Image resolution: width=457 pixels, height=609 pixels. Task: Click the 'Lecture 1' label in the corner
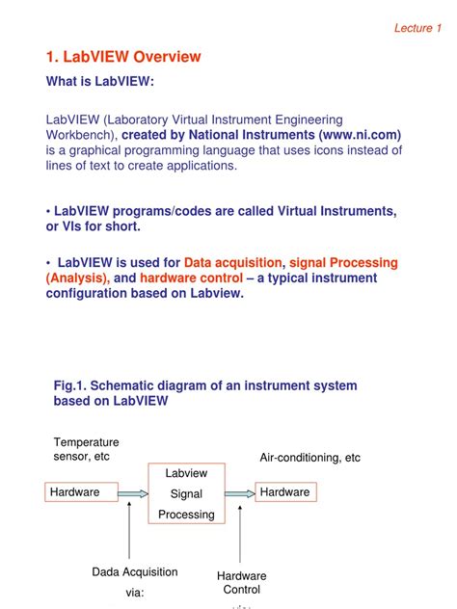point(417,27)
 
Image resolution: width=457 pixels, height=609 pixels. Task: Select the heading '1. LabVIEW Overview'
point(123,57)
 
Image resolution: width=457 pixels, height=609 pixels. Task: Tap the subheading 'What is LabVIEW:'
point(100,82)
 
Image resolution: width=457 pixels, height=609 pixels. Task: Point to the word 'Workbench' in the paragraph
point(81,135)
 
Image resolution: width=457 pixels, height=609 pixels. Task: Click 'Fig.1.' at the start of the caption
point(70,385)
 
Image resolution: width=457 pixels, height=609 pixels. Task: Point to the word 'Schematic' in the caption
point(128,385)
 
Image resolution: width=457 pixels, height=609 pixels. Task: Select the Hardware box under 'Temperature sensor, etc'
point(75,492)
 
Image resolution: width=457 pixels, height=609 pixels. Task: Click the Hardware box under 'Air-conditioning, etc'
point(284,492)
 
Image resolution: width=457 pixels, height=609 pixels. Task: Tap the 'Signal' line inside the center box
point(186,493)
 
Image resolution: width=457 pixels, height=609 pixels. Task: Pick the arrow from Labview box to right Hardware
point(241,493)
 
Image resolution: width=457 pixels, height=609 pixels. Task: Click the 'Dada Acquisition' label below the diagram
point(135,572)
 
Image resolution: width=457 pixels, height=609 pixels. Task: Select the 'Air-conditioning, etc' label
point(310,458)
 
